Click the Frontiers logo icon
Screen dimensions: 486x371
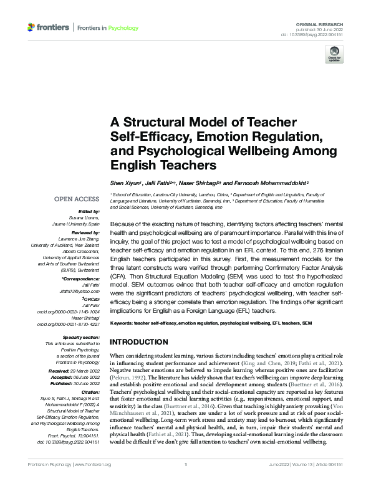[x=32, y=28]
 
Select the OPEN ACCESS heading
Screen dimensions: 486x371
[x=77, y=199]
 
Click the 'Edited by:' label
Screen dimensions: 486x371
[x=88, y=212]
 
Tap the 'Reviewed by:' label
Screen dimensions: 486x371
[x=85, y=231]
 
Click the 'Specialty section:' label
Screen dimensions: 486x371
[x=79, y=337]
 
